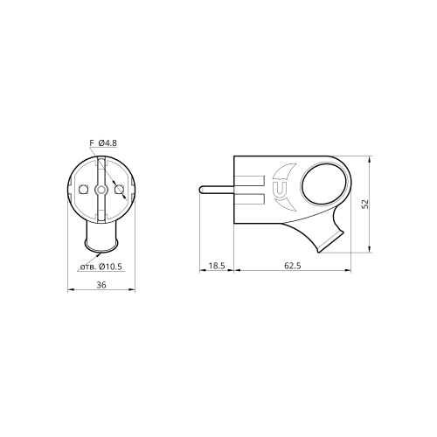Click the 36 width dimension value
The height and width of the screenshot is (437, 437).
click(x=101, y=285)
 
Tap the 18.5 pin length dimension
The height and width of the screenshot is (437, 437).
click(x=217, y=266)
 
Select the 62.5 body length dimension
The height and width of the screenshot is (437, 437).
click(x=293, y=266)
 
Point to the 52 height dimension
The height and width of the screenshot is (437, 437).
click(x=365, y=204)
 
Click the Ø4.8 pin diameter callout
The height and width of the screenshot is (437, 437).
click(x=108, y=143)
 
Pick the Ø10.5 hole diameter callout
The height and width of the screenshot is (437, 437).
click(x=110, y=267)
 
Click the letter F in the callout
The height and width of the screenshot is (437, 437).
click(x=92, y=143)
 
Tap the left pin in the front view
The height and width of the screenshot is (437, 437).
click(x=84, y=190)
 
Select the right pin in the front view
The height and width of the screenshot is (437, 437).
click(x=119, y=190)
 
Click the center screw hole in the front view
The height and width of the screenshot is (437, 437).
click(x=101, y=190)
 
